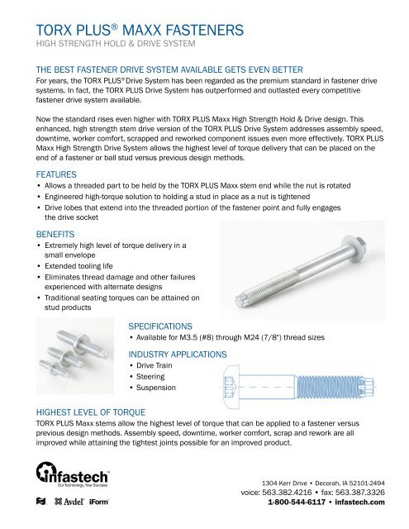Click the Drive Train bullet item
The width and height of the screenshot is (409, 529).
tap(160, 366)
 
